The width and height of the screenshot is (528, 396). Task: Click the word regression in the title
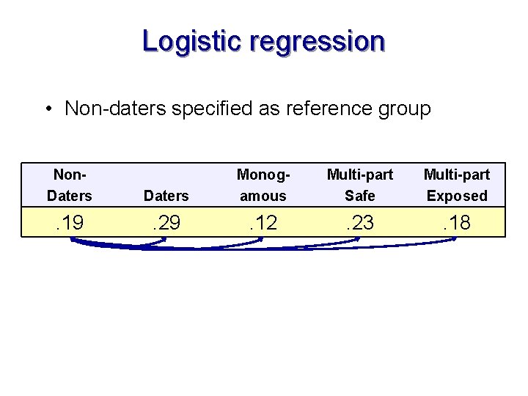[317, 42]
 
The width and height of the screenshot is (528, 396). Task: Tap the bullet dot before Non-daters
[46, 110]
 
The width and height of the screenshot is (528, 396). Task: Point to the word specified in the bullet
[212, 109]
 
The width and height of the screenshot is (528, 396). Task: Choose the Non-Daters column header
[70, 185]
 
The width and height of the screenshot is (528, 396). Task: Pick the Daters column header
[166, 196]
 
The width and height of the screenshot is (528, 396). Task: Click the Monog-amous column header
[263, 185]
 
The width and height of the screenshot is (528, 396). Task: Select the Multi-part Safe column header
[359, 185]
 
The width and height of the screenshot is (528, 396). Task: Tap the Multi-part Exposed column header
[457, 185]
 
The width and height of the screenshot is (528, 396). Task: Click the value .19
[70, 223]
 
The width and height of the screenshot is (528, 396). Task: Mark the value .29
[166, 223]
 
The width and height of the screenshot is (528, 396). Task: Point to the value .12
[263, 223]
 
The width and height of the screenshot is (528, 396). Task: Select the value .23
[359, 223]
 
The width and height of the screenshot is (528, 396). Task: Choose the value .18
[457, 223]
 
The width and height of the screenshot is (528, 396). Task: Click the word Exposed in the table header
[457, 196]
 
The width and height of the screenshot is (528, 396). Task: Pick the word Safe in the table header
[359, 196]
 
